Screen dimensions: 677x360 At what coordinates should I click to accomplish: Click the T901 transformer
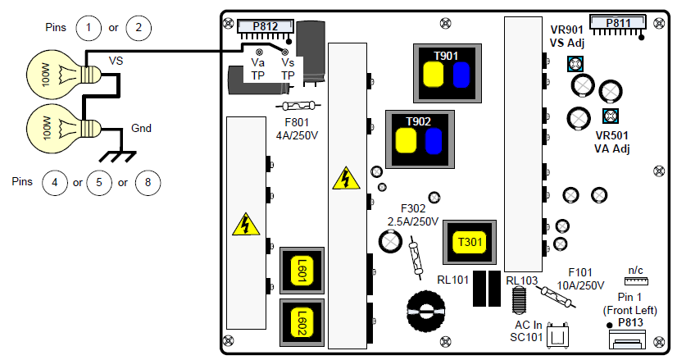448,73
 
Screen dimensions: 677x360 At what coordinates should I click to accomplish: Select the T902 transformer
420,139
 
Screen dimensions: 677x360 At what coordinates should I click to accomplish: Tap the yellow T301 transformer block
470,242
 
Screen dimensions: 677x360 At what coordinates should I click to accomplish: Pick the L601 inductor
302,271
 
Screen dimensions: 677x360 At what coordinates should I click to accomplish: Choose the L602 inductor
302,322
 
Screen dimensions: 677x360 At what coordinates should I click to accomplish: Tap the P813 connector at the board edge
627,339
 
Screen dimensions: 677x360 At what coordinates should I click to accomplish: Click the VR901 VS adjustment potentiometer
575,65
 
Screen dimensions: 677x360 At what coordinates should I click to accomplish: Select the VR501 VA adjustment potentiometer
611,116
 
